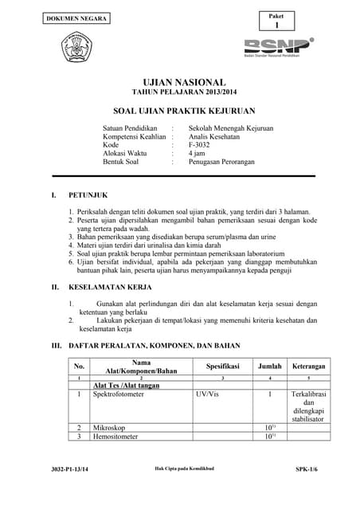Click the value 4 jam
click(197, 153)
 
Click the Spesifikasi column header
click(223, 366)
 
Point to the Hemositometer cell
click(115, 437)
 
